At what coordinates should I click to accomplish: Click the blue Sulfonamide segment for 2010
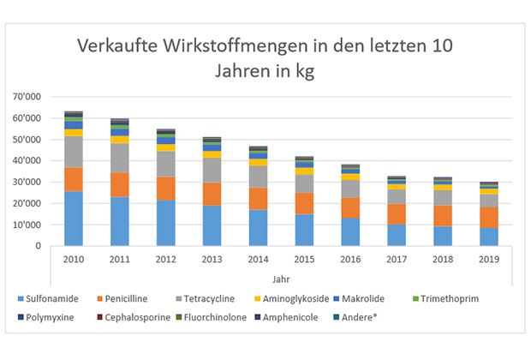[74, 219]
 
